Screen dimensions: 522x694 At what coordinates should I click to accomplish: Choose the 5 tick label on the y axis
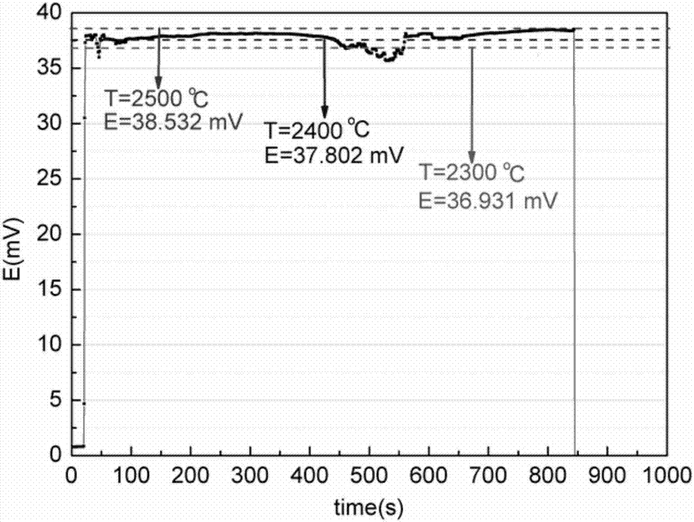[56, 401]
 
